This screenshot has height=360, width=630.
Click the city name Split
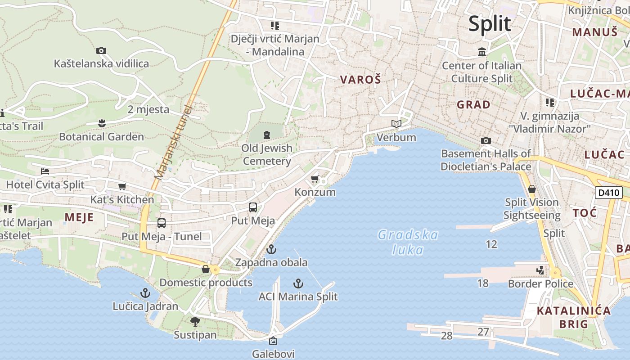point(490,23)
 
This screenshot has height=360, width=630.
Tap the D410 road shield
point(608,193)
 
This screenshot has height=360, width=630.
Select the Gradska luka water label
point(408,242)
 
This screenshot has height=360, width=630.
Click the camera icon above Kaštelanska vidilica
point(101,50)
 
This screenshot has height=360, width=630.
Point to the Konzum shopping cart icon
point(315,179)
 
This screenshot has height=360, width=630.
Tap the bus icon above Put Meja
point(253,207)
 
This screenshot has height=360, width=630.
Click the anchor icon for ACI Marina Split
point(298,283)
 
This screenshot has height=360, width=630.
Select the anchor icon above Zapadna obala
point(271,249)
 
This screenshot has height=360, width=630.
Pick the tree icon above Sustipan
point(195,322)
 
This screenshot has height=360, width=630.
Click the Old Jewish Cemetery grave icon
point(267,135)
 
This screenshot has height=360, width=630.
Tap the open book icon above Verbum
point(396,124)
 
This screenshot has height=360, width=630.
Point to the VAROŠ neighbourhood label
point(360,80)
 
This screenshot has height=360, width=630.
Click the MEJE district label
point(79,218)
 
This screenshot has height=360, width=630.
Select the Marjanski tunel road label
point(173,142)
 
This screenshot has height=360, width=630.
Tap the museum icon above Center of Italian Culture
point(482,52)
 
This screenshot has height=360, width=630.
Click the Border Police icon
point(540,270)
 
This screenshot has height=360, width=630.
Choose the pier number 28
point(446,336)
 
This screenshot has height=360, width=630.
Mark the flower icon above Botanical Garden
point(102,123)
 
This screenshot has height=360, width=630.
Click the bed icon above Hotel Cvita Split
point(45,171)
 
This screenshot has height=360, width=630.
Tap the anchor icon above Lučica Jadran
point(145,293)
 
